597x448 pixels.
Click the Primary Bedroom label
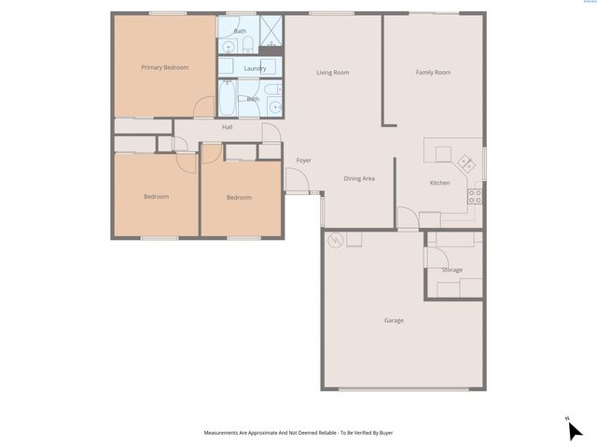click(164, 68)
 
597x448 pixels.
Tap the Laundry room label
click(255, 68)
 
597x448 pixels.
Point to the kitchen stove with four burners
click(474, 197)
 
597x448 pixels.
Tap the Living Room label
click(332, 72)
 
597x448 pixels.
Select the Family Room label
click(433, 72)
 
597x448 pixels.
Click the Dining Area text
click(359, 178)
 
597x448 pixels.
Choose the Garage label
click(394, 320)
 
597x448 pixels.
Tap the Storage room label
click(452, 270)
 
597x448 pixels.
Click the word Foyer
click(303, 161)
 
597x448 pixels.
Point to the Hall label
click(227, 127)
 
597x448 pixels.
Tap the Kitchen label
click(439, 183)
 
